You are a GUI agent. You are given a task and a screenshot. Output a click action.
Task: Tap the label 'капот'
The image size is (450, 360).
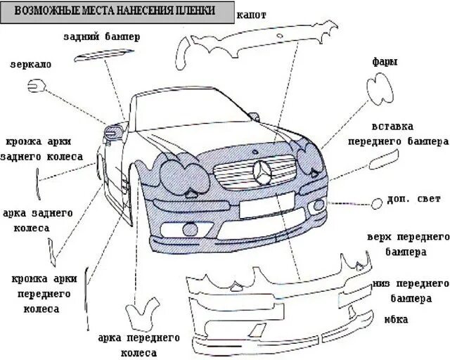pyautogui.click(x=252, y=14)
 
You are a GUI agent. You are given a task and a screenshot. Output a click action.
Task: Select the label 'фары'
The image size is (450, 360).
pyautogui.click(x=385, y=62)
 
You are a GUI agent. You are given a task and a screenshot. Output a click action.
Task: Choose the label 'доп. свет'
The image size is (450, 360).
pyautogui.click(x=413, y=199)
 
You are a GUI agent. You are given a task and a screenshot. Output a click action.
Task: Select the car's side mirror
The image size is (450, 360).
pyautogui.click(x=112, y=130)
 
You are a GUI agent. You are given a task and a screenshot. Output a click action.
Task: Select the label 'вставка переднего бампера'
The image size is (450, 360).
pyautogui.click(x=398, y=133)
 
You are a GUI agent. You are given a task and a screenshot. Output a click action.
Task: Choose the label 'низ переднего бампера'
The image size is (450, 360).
pyautogui.click(x=411, y=290)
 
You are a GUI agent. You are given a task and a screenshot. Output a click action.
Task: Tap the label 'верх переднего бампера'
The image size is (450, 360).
pyautogui.click(x=408, y=243)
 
